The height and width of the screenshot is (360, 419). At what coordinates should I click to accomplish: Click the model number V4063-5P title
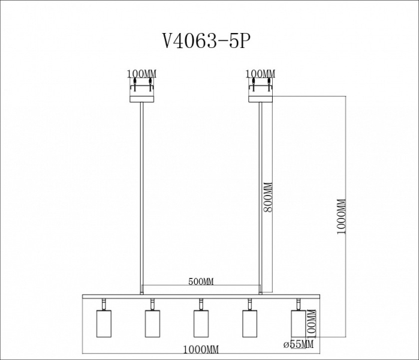(207, 41)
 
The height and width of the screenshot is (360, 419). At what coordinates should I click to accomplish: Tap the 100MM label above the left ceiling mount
(141, 74)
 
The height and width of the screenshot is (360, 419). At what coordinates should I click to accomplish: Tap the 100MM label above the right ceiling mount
(261, 74)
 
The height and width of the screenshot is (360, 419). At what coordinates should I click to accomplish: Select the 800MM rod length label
(267, 197)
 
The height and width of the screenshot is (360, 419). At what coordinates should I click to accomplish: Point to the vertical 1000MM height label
(341, 217)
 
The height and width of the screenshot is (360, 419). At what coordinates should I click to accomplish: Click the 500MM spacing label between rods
(201, 281)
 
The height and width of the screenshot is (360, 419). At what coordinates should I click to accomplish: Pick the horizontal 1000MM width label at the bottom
(201, 349)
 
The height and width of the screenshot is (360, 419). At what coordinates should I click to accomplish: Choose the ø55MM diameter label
(299, 344)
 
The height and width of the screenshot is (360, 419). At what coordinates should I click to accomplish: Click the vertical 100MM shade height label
(311, 323)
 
